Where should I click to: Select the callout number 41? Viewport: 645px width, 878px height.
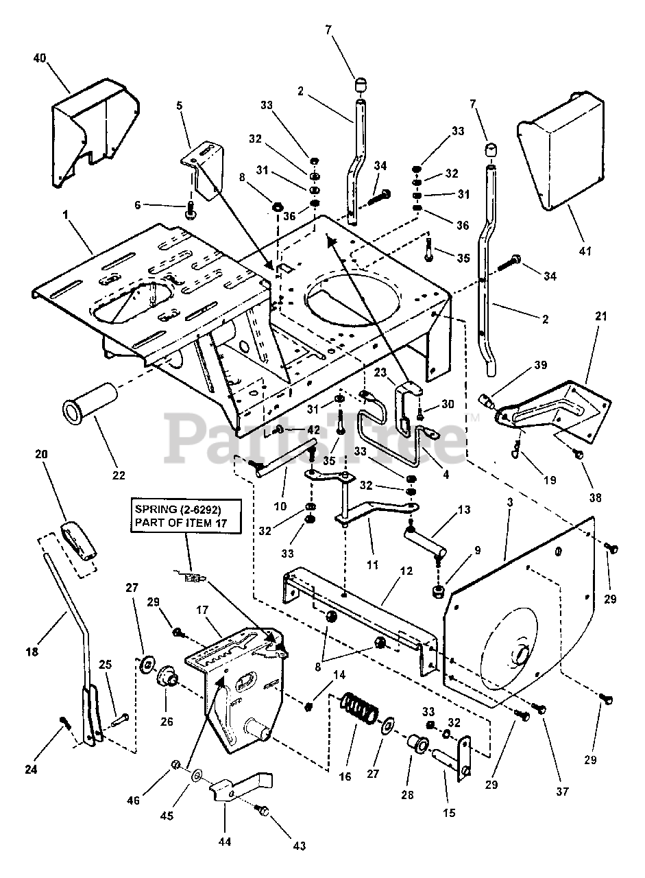[584, 252]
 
